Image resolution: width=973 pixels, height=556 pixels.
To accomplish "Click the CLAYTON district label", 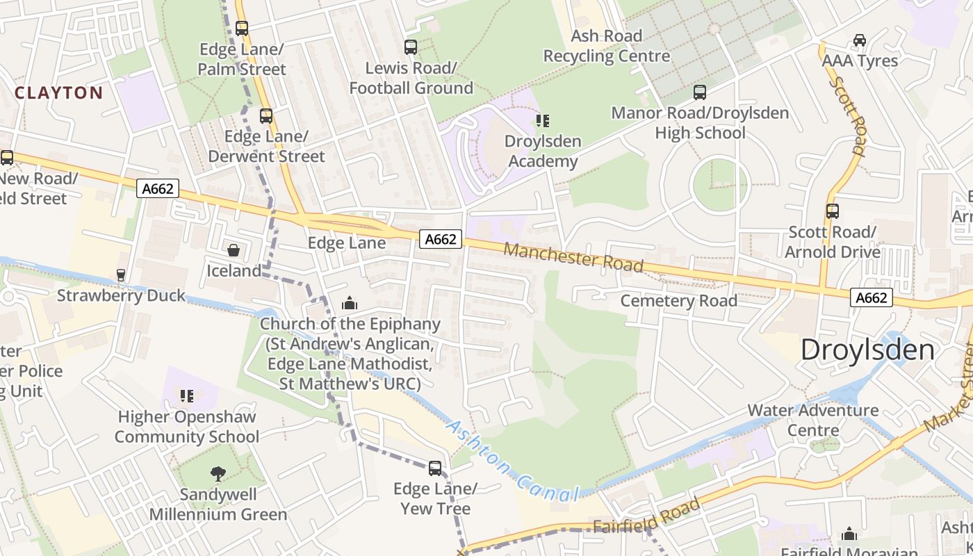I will (58, 92).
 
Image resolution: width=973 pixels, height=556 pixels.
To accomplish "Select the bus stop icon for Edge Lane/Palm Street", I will (242, 28).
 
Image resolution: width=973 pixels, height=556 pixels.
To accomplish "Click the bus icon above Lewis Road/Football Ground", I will (411, 47).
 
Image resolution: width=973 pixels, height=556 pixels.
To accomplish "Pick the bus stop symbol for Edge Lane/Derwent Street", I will (266, 116).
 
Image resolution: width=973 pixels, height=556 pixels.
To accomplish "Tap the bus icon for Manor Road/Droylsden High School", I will (700, 92).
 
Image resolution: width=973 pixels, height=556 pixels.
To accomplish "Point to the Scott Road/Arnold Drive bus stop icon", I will (832, 211).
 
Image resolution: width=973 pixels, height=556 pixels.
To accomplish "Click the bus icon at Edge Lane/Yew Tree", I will (435, 468).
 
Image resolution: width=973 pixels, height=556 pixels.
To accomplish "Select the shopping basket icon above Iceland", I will (234, 250).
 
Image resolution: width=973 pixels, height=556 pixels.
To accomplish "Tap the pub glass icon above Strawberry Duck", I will (121, 275).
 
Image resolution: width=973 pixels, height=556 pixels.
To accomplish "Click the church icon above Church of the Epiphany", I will (350, 303).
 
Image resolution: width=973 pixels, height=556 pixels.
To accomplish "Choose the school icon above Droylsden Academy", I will (542, 121).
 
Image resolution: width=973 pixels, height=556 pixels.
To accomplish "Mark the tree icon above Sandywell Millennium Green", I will (218, 474).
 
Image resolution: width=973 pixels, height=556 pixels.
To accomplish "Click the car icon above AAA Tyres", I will (860, 40).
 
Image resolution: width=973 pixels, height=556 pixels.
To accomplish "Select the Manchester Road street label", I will (573, 257).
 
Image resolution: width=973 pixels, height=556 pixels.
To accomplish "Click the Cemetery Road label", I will (678, 301).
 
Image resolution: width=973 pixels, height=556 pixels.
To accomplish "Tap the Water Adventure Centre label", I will (812, 420).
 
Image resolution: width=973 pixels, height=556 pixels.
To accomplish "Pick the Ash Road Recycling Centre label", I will (606, 46).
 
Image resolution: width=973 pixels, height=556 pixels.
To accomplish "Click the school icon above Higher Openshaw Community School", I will (186, 396).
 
